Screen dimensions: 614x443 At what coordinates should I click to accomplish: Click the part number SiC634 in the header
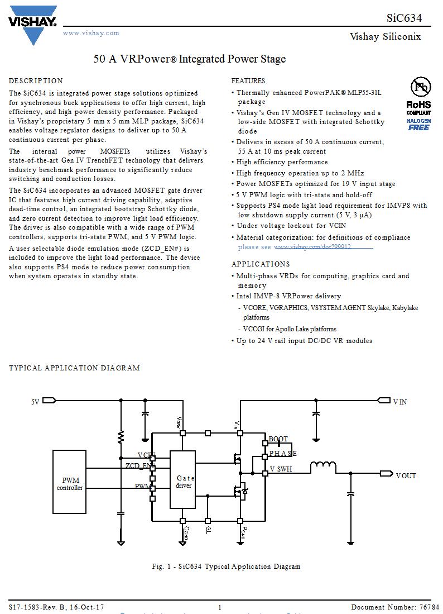(x=404, y=17)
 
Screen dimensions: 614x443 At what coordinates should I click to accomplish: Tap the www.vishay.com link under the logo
(x=91, y=33)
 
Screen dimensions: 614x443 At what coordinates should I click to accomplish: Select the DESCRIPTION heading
(x=36, y=81)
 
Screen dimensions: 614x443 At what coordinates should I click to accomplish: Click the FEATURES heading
(x=248, y=81)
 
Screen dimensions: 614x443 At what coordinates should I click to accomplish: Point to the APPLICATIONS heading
(x=261, y=264)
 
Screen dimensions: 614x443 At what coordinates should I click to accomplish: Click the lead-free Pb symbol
(x=421, y=87)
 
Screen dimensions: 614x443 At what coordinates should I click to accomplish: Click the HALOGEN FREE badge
(x=418, y=124)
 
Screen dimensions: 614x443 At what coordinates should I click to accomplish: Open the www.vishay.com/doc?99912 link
(x=312, y=247)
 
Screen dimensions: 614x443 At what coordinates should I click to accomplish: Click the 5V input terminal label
(x=35, y=401)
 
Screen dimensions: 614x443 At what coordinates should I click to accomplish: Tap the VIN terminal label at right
(x=400, y=402)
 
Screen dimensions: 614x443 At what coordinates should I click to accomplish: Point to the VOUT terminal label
(x=406, y=476)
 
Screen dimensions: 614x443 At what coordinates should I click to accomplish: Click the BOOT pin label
(x=278, y=439)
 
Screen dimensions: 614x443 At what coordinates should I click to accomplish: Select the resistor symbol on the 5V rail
(x=121, y=436)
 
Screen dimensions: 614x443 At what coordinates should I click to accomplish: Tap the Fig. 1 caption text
(x=226, y=567)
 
